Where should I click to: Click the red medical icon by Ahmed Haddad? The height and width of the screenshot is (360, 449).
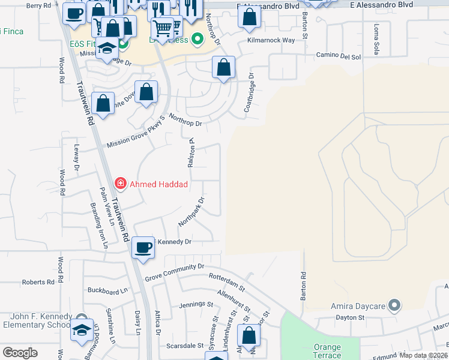coord(121,184)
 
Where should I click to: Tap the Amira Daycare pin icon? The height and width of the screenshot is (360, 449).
coord(394,306)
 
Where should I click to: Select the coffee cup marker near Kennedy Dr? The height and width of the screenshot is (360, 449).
coord(143,247)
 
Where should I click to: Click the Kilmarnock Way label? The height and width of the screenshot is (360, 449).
coord(271,41)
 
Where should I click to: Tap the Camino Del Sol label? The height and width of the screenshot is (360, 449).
coord(339,56)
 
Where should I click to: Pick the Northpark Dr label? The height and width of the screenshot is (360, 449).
coord(191,212)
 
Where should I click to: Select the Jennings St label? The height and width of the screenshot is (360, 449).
coord(196,305)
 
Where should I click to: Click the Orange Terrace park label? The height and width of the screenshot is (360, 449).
coord(327,352)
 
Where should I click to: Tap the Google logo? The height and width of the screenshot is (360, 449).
coord(20,353)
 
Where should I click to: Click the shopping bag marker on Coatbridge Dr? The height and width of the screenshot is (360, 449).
coord(223,69)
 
